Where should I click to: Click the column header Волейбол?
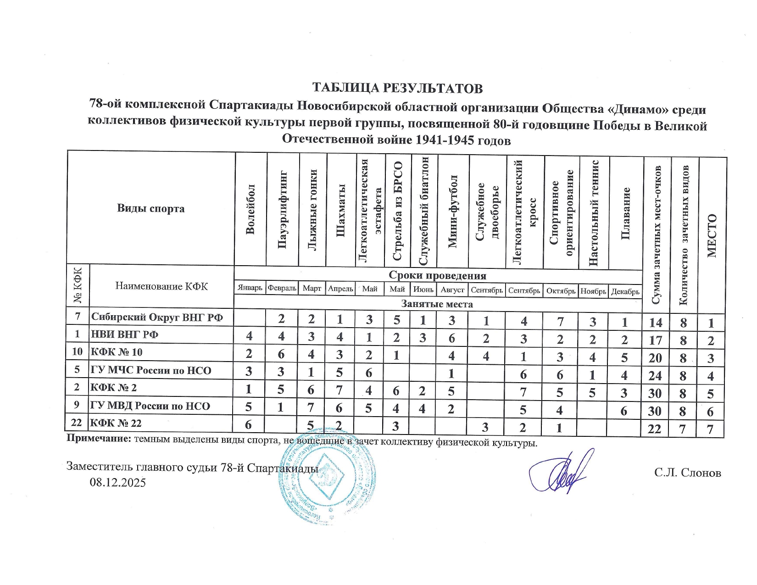pyautogui.click(x=250, y=209)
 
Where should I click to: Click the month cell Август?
pyautogui.click(x=452, y=290)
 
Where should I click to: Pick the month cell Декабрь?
pyautogui.click(x=625, y=291)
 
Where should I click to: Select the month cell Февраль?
pyautogui.click(x=282, y=289)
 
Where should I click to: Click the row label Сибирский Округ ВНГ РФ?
pyautogui.click(x=157, y=317)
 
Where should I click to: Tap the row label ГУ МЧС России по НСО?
pyautogui.click(x=151, y=370)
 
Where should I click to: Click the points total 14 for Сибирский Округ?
pyautogui.click(x=656, y=323)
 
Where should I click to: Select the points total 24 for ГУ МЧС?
pyautogui.click(x=655, y=376)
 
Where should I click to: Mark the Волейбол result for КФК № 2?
pyautogui.click(x=249, y=389)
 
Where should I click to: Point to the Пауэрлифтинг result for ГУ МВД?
pyautogui.click(x=281, y=407)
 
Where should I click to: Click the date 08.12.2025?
pyautogui.click(x=118, y=482)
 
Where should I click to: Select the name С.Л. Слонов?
pyautogui.click(x=688, y=473)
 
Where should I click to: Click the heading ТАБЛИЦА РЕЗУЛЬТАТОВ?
pyautogui.click(x=397, y=88)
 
